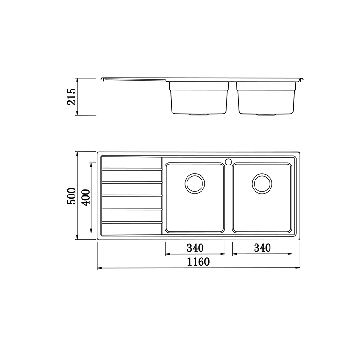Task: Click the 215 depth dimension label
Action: coord(71,97)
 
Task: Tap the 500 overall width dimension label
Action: coord(71,196)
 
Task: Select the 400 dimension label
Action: coord(85,198)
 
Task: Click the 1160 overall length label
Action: coord(198,262)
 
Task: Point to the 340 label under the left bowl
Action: coord(195,248)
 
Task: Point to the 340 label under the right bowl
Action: coord(262,248)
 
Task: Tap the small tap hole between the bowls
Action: coord(228,162)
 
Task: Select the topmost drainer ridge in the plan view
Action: coord(132,169)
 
